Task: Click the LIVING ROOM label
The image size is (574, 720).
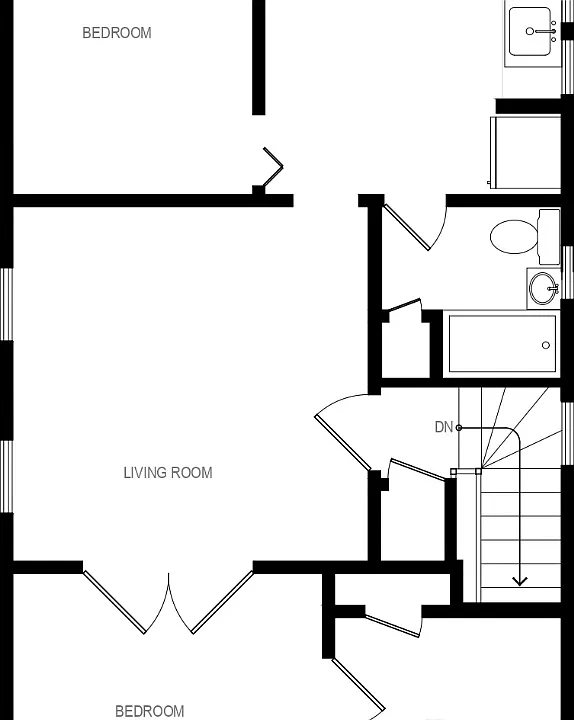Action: (168, 472)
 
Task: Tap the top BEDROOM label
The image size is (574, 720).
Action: (117, 33)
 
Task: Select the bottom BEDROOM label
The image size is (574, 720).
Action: (150, 711)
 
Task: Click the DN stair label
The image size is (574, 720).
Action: (444, 427)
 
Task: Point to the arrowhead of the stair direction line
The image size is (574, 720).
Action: (519, 581)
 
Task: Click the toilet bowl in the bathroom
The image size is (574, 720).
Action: (514, 236)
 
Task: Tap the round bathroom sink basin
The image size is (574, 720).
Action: (542, 288)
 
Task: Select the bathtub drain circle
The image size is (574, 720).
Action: (546, 345)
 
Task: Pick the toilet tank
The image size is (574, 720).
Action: (549, 236)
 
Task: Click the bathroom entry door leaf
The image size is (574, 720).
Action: (407, 227)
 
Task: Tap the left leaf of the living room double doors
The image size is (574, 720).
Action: (115, 602)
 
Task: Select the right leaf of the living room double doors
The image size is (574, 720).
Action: (222, 602)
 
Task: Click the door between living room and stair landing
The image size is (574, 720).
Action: (343, 443)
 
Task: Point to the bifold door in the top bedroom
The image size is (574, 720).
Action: (272, 167)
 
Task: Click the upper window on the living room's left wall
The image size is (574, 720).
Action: (6, 304)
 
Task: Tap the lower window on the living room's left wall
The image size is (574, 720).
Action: (6, 477)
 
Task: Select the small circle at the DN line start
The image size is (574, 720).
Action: (459, 428)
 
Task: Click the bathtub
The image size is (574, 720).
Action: (502, 344)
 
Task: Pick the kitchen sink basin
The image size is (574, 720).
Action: (530, 31)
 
